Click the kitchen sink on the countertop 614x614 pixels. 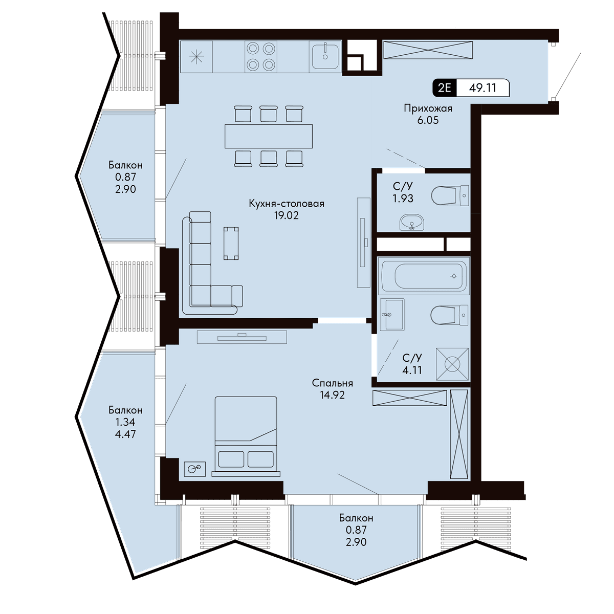point(325,56)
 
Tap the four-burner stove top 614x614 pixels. point(260,57)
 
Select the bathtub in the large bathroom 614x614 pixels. point(424,276)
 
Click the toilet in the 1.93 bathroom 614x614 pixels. point(450,195)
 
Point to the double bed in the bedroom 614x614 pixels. point(246,436)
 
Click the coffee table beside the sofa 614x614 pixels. point(231,243)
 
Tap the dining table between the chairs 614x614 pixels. point(268,137)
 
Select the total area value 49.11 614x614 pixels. point(483,87)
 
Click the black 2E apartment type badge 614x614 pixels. point(445,87)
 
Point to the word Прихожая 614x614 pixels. point(428,108)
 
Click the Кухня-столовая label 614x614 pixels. point(287,203)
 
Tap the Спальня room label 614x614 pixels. point(333,383)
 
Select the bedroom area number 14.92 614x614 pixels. point(333,395)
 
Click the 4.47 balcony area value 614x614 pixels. point(125,434)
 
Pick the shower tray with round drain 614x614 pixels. point(452,364)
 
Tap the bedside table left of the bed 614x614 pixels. point(194,469)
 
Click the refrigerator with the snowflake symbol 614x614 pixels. point(196,57)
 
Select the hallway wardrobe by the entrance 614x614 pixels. point(428,50)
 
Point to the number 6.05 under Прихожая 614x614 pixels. point(428,120)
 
